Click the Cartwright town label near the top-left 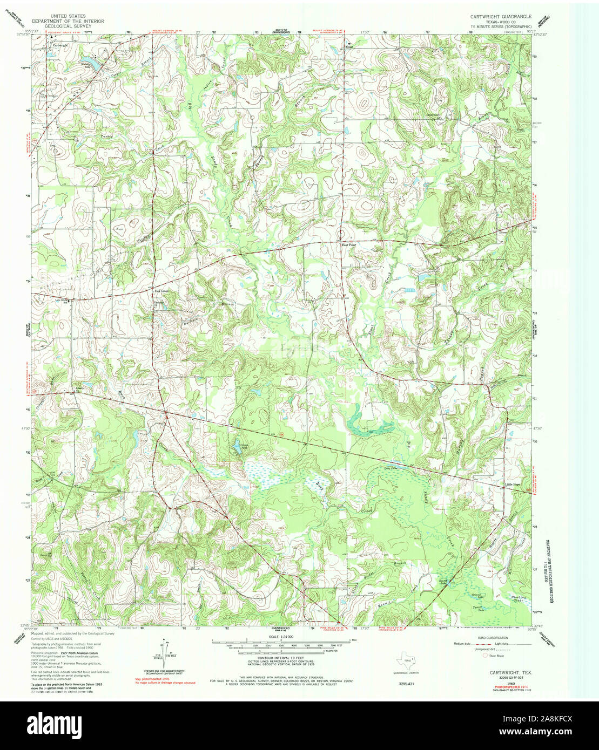click(60, 46)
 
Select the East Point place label click(349, 244)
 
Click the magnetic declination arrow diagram click(164, 651)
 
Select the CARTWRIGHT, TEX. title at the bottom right click(503, 673)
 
